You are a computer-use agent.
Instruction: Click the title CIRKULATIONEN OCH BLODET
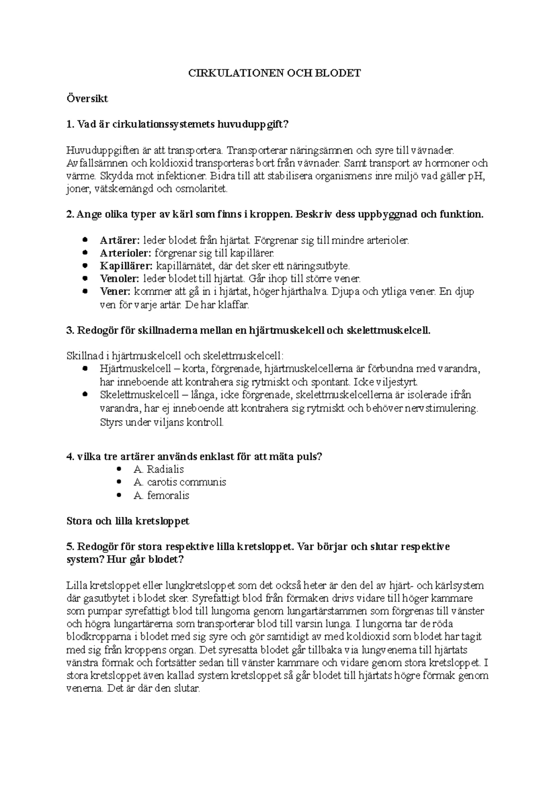(274, 73)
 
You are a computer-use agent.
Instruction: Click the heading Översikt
(87, 98)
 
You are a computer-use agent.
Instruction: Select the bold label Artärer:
(119, 240)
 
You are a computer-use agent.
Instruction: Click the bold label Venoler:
(119, 279)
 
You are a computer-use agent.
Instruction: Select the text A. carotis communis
(179, 482)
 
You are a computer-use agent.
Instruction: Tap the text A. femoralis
(161, 496)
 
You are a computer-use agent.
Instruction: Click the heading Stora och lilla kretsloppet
(128, 521)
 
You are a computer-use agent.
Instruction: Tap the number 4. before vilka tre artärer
(70, 457)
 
